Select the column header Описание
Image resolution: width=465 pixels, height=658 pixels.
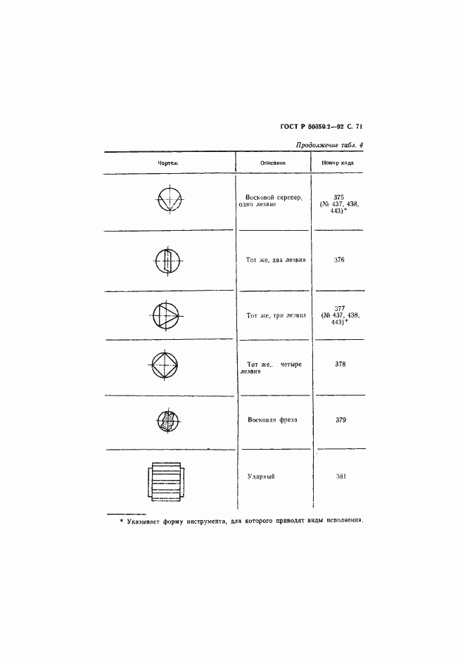(272, 163)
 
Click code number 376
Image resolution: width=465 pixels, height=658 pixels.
(339, 260)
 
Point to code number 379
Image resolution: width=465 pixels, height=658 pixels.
(339, 419)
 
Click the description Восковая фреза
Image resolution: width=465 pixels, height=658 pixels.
(272, 419)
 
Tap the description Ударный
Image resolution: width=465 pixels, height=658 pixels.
(260, 476)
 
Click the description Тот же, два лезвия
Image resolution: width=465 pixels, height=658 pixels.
(276, 260)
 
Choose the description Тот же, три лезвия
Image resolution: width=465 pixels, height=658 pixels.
(276, 316)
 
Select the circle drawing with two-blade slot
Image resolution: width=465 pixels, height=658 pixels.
(168, 261)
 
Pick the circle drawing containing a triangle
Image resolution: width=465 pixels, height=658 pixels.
(166, 314)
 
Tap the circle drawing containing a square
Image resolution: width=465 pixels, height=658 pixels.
(166, 366)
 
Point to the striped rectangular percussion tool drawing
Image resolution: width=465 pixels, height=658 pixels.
(166, 482)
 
